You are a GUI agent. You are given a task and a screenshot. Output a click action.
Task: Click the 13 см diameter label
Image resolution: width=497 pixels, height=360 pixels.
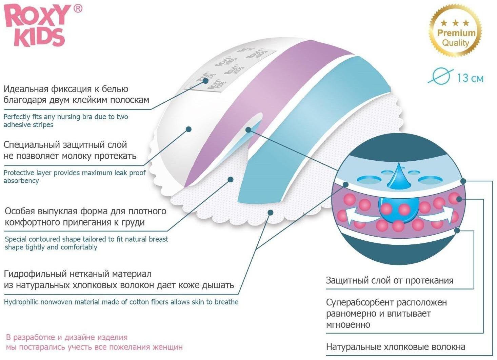(470, 78)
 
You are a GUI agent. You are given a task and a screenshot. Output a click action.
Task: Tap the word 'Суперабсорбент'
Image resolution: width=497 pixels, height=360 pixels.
(360, 302)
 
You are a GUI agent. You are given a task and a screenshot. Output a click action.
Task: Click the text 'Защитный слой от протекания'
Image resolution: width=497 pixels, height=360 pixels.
(390, 281)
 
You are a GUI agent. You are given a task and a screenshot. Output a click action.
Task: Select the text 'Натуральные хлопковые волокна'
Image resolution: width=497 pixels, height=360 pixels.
(395, 347)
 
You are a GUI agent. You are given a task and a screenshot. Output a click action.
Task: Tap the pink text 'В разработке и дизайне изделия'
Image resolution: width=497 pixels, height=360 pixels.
(67, 338)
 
